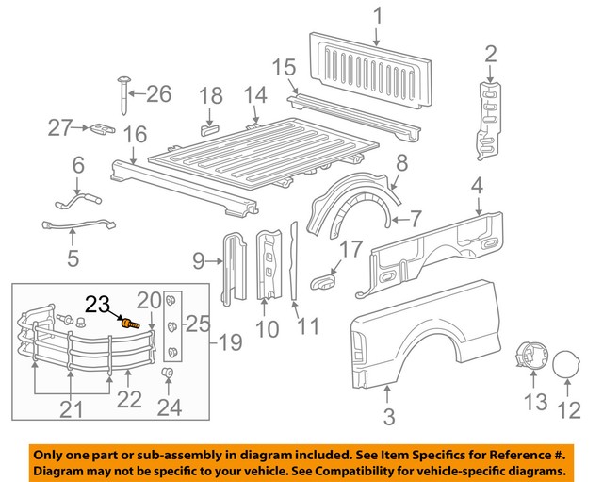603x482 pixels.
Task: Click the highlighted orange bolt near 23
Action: (130, 324)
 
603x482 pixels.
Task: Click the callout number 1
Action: (377, 16)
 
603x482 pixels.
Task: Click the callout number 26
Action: (157, 93)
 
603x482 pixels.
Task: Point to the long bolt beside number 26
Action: (124, 97)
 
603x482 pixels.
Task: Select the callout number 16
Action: (136, 134)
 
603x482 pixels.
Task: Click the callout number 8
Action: (400, 161)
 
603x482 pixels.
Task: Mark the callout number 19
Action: (230, 341)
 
